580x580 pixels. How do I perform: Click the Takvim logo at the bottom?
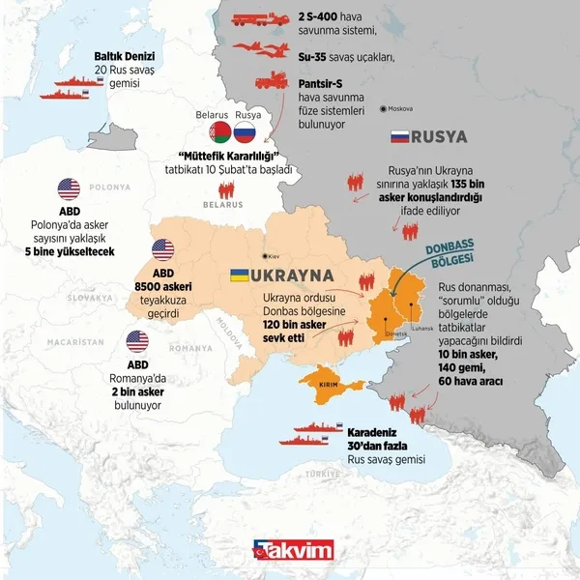click(292, 551)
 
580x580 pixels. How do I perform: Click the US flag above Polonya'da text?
click(69, 188)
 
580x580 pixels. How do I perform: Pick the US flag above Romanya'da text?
click(137, 340)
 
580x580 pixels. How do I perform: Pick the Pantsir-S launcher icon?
click(268, 85)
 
